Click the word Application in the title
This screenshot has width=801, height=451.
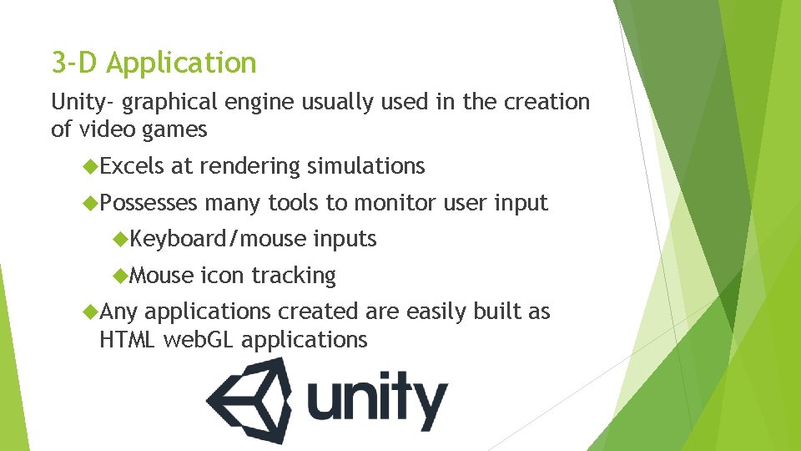182,63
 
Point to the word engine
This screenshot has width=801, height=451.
268,103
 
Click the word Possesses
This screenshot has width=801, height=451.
149,203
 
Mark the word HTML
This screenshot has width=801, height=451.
128,340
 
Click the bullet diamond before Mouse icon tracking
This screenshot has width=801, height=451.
121,276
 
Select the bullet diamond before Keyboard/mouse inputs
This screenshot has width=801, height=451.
121,240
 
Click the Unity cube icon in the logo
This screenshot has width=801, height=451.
249,403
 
